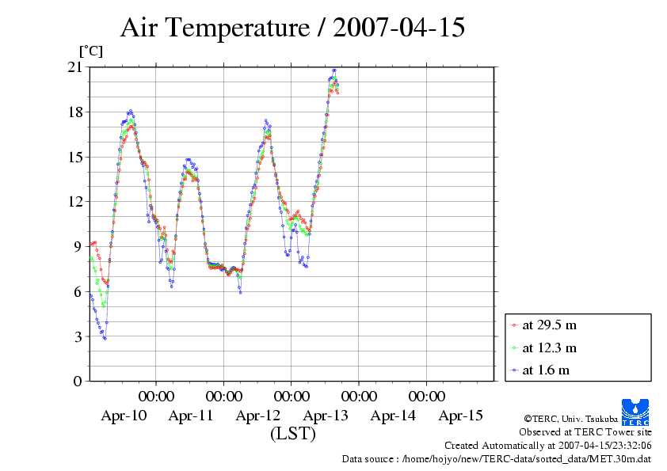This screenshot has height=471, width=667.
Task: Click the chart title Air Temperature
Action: point(292,28)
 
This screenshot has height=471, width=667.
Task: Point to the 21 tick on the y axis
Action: point(75,67)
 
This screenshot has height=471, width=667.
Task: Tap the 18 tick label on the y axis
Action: point(75,112)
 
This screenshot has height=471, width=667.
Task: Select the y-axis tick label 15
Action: point(75,157)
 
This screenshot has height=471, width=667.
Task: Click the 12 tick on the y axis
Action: point(75,202)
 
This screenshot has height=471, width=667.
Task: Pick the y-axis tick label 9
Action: point(78,246)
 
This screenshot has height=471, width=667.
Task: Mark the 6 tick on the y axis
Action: point(78,291)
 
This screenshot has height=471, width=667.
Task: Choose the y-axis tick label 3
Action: point(78,336)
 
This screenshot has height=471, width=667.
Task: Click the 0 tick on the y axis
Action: point(78,381)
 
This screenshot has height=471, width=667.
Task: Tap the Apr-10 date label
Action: point(124,416)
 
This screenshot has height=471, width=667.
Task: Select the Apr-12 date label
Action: point(258,416)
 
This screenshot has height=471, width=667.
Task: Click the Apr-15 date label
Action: point(460,416)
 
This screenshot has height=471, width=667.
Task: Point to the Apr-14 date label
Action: point(393,416)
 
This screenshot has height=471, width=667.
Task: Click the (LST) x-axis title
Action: point(292,434)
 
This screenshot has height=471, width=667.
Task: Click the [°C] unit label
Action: point(90,51)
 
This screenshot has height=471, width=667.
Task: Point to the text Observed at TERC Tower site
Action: point(585,432)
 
